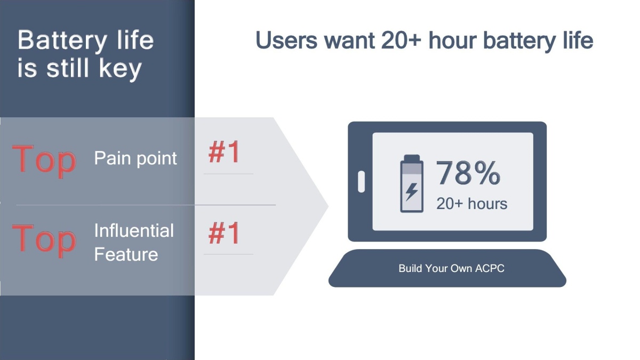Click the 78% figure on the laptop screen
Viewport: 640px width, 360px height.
(468, 173)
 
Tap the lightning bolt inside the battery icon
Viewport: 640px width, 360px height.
(412, 191)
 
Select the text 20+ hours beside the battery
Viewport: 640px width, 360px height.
(471, 204)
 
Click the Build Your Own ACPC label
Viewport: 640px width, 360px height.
(451, 268)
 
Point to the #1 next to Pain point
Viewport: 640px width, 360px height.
(224, 151)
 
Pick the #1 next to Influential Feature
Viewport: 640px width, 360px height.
(224, 233)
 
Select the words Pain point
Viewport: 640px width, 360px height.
(135, 158)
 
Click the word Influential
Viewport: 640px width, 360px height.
(134, 230)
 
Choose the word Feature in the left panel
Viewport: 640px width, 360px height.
(126, 254)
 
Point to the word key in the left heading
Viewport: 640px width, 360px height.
(121, 69)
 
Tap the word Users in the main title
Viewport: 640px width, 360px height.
(286, 40)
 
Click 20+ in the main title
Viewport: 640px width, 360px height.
(401, 40)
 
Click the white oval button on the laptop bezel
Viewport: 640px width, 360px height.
(362, 182)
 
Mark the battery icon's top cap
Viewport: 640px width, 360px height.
(412, 158)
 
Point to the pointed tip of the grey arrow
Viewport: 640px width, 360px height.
(329, 206)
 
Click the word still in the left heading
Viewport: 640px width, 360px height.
(67, 68)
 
